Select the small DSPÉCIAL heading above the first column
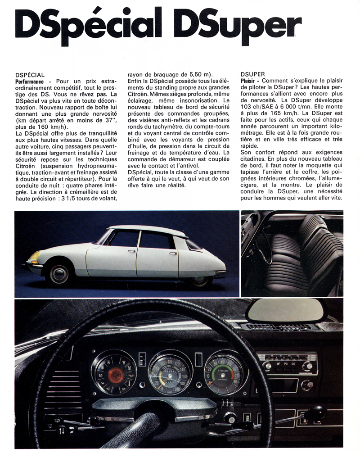pyautogui.click(x=30, y=74)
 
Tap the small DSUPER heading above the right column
pyautogui.click(x=252, y=74)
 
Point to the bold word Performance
pyautogui.click(x=30, y=81)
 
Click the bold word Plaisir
pyautogui.click(x=251, y=81)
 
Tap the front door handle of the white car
pyautogui.click(x=131, y=251)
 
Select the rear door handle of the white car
pyautogui.click(x=173, y=254)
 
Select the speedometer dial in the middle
pyautogui.click(x=170, y=372)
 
